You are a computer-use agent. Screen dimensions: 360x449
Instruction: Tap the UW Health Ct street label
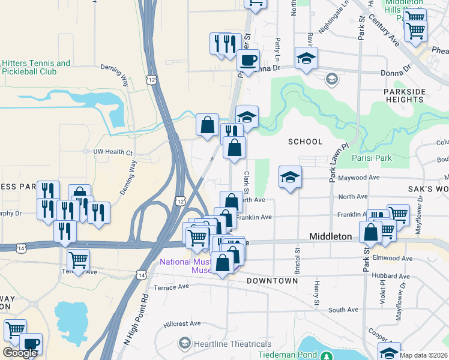(112, 152)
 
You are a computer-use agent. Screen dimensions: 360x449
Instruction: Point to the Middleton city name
(330, 237)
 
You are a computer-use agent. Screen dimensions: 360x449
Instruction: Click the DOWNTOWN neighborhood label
(272, 281)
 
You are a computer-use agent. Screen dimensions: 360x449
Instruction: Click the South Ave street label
(343, 310)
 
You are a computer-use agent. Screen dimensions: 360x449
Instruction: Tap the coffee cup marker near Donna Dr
(248, 60)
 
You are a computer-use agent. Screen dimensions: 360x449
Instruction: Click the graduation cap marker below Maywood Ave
(290, 177)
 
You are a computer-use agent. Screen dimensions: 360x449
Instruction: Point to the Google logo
(20, 353)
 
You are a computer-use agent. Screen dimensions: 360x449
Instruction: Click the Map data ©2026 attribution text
(424, 355)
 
